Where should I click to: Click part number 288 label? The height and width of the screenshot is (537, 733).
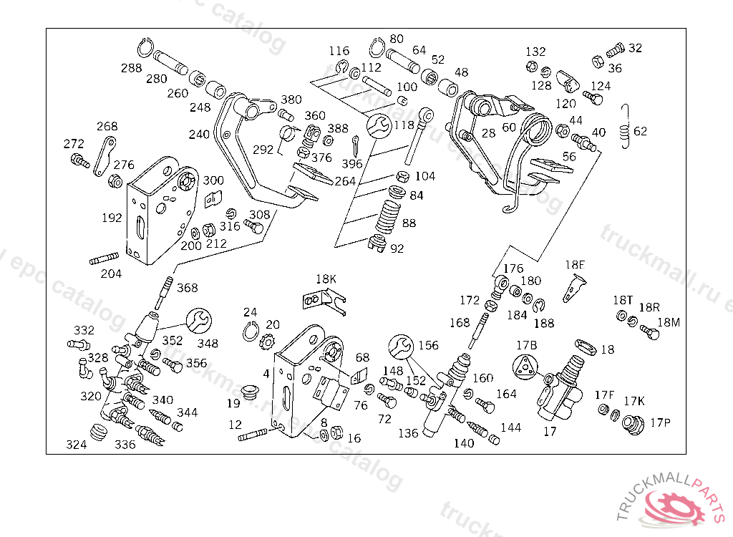pos(131,69)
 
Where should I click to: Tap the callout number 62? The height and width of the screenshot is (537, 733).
pos(640,131)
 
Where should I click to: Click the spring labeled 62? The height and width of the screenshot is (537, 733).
pos(626,127)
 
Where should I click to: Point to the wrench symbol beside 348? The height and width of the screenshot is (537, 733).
pos(199,320)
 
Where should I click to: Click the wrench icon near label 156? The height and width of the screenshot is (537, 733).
pos(401,347)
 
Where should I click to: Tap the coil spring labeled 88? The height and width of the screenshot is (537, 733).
pos(389,214)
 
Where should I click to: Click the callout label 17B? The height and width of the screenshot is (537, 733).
pos(527,345)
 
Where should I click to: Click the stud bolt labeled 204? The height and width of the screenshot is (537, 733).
pos(103,258)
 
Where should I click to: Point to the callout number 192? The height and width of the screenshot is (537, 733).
pos(112,218)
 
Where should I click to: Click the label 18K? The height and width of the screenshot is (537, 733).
pos(326,278)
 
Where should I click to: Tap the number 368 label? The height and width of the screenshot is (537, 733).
pos(187,288)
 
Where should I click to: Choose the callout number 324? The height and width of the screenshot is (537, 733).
pos(77,445)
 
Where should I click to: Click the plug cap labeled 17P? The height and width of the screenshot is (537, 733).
pos(631,424)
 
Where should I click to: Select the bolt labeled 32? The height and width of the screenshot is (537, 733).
pos(614,51)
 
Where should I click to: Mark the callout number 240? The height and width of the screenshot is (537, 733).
pos(200,134)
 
